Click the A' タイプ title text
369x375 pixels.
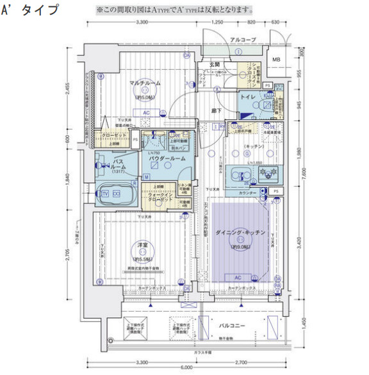[x=31, y=11]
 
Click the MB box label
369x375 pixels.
[x=276, y=60]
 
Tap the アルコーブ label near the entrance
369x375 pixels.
[x=243, y=40]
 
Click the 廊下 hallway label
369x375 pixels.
[x=217, y=110]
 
